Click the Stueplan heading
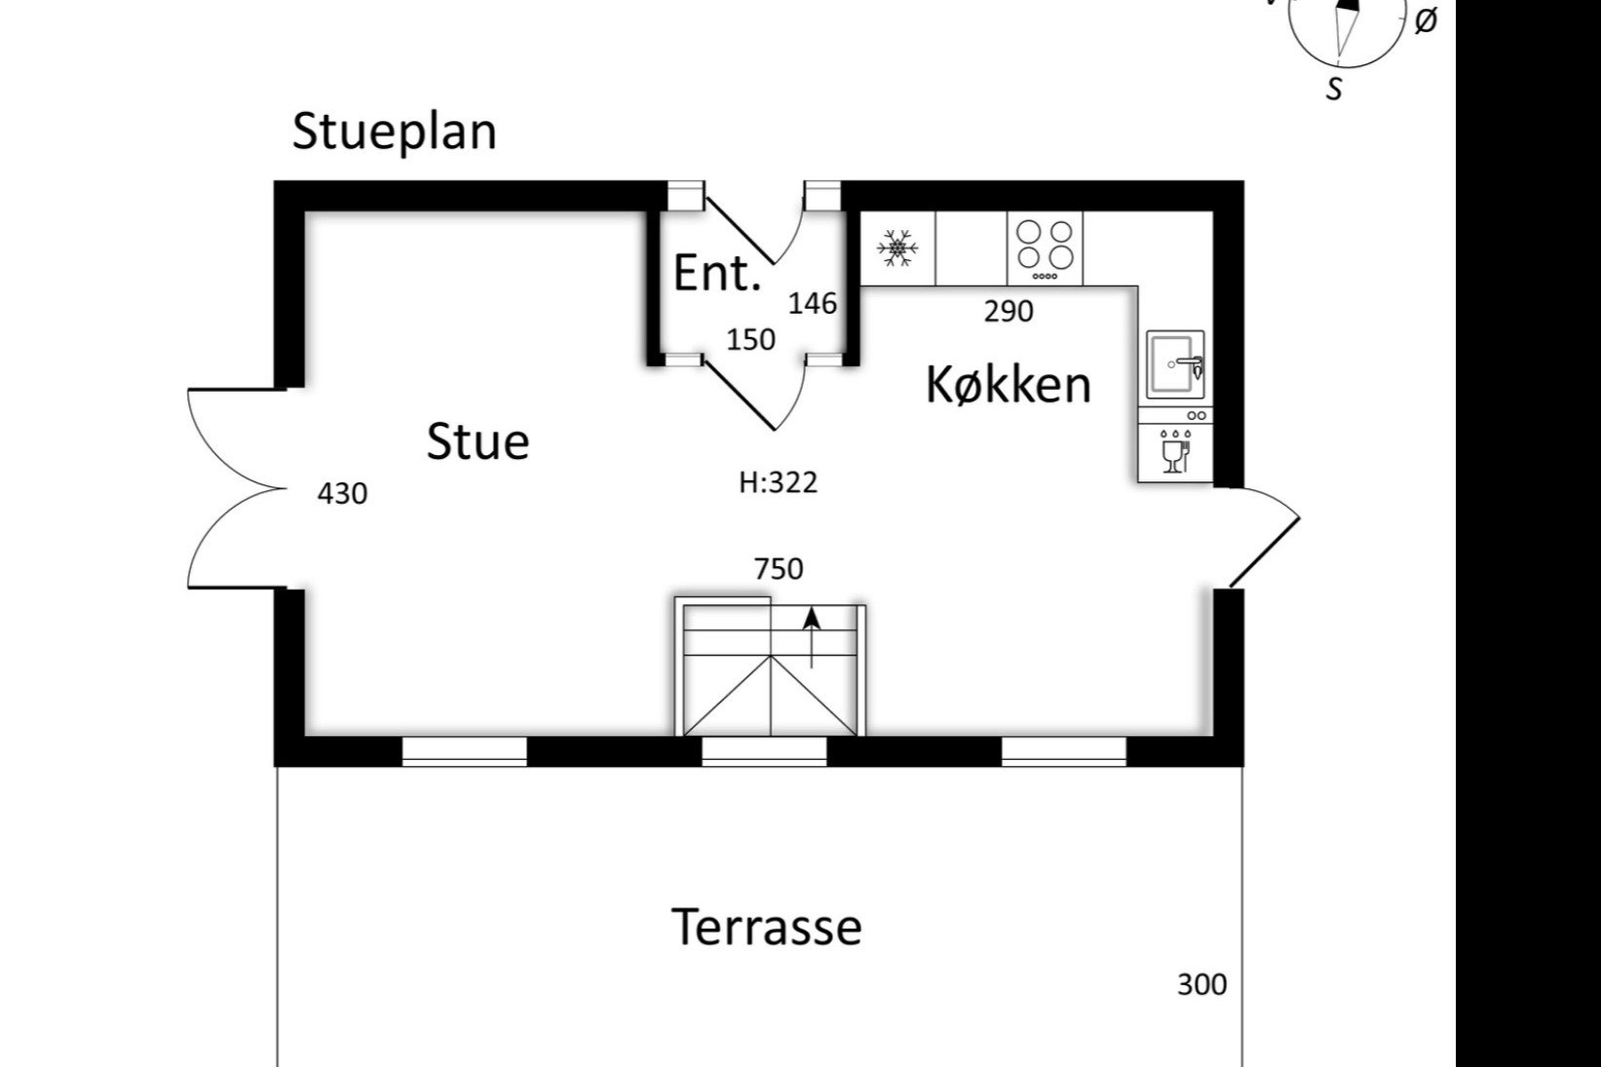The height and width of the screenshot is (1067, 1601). [x=394, y=132]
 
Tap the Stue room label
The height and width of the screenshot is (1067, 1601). [x=477, y=441]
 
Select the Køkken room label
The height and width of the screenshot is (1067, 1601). [x=1008, y=384]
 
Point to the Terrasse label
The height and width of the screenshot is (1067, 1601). [x=766, y=927]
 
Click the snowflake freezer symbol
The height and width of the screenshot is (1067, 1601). [x=897, y=248]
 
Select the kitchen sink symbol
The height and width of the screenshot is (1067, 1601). [x=1175, y=364]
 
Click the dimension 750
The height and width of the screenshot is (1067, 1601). [x=779, y=568]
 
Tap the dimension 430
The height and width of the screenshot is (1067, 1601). [x=342, y=494]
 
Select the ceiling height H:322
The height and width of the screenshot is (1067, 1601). [x=778, y=482]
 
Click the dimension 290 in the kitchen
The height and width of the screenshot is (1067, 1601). [x=1008, y=312]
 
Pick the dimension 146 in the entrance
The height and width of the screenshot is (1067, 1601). [x=812, y=304]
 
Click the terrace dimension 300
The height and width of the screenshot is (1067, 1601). [x=1201, y=985]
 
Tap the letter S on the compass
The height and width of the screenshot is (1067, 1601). [x=1334, y=89]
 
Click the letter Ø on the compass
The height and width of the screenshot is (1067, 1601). [x=1425, y=21]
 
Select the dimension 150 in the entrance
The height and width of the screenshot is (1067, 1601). [x=750, y=340]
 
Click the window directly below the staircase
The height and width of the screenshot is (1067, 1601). [x=764, y=750]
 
